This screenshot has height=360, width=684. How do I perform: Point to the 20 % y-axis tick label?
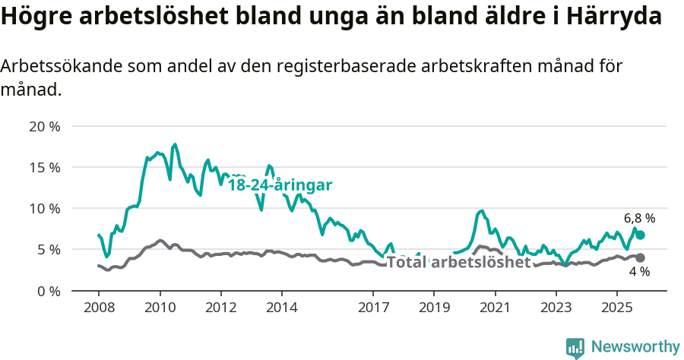point(45,126)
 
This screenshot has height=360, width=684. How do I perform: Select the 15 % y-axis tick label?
point(45,167)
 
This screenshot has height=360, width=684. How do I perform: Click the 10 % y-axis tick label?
point(45,208)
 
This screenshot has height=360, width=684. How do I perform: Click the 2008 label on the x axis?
point(99,308)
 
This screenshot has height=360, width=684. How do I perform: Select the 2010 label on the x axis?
point(160,308)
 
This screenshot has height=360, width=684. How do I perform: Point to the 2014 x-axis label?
point(281,308)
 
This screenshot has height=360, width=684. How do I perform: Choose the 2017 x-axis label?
point(372,308)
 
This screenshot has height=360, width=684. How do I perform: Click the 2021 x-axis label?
point(495,308)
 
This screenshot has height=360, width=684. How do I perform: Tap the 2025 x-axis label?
point(616,308)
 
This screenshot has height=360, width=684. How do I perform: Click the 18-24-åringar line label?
point(280,185)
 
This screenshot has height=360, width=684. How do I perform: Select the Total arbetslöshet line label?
point(458,263)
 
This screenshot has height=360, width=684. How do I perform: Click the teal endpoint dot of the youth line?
point(640,235)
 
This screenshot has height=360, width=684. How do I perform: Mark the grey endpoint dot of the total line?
point(640,258)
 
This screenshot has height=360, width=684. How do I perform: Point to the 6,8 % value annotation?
point(639,218)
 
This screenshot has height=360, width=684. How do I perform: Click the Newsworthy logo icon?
point(575,347)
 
